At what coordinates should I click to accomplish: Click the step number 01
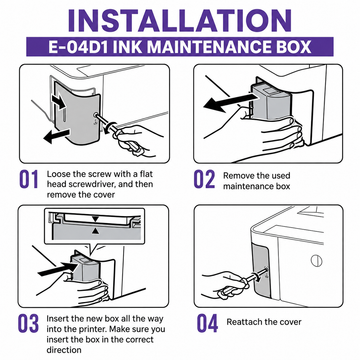point(28,179)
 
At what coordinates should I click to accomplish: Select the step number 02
point(204,179)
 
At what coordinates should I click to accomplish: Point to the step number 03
point(29,325)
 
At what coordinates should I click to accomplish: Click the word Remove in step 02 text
point(237,176)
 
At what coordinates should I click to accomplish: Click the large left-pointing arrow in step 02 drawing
point(231,101)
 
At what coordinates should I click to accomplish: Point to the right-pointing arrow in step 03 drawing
point(60,268)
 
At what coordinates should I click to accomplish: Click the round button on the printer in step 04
point(316,260)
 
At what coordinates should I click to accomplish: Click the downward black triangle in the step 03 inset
point(96,219)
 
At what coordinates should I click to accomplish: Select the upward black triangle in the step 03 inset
point(96,231)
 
